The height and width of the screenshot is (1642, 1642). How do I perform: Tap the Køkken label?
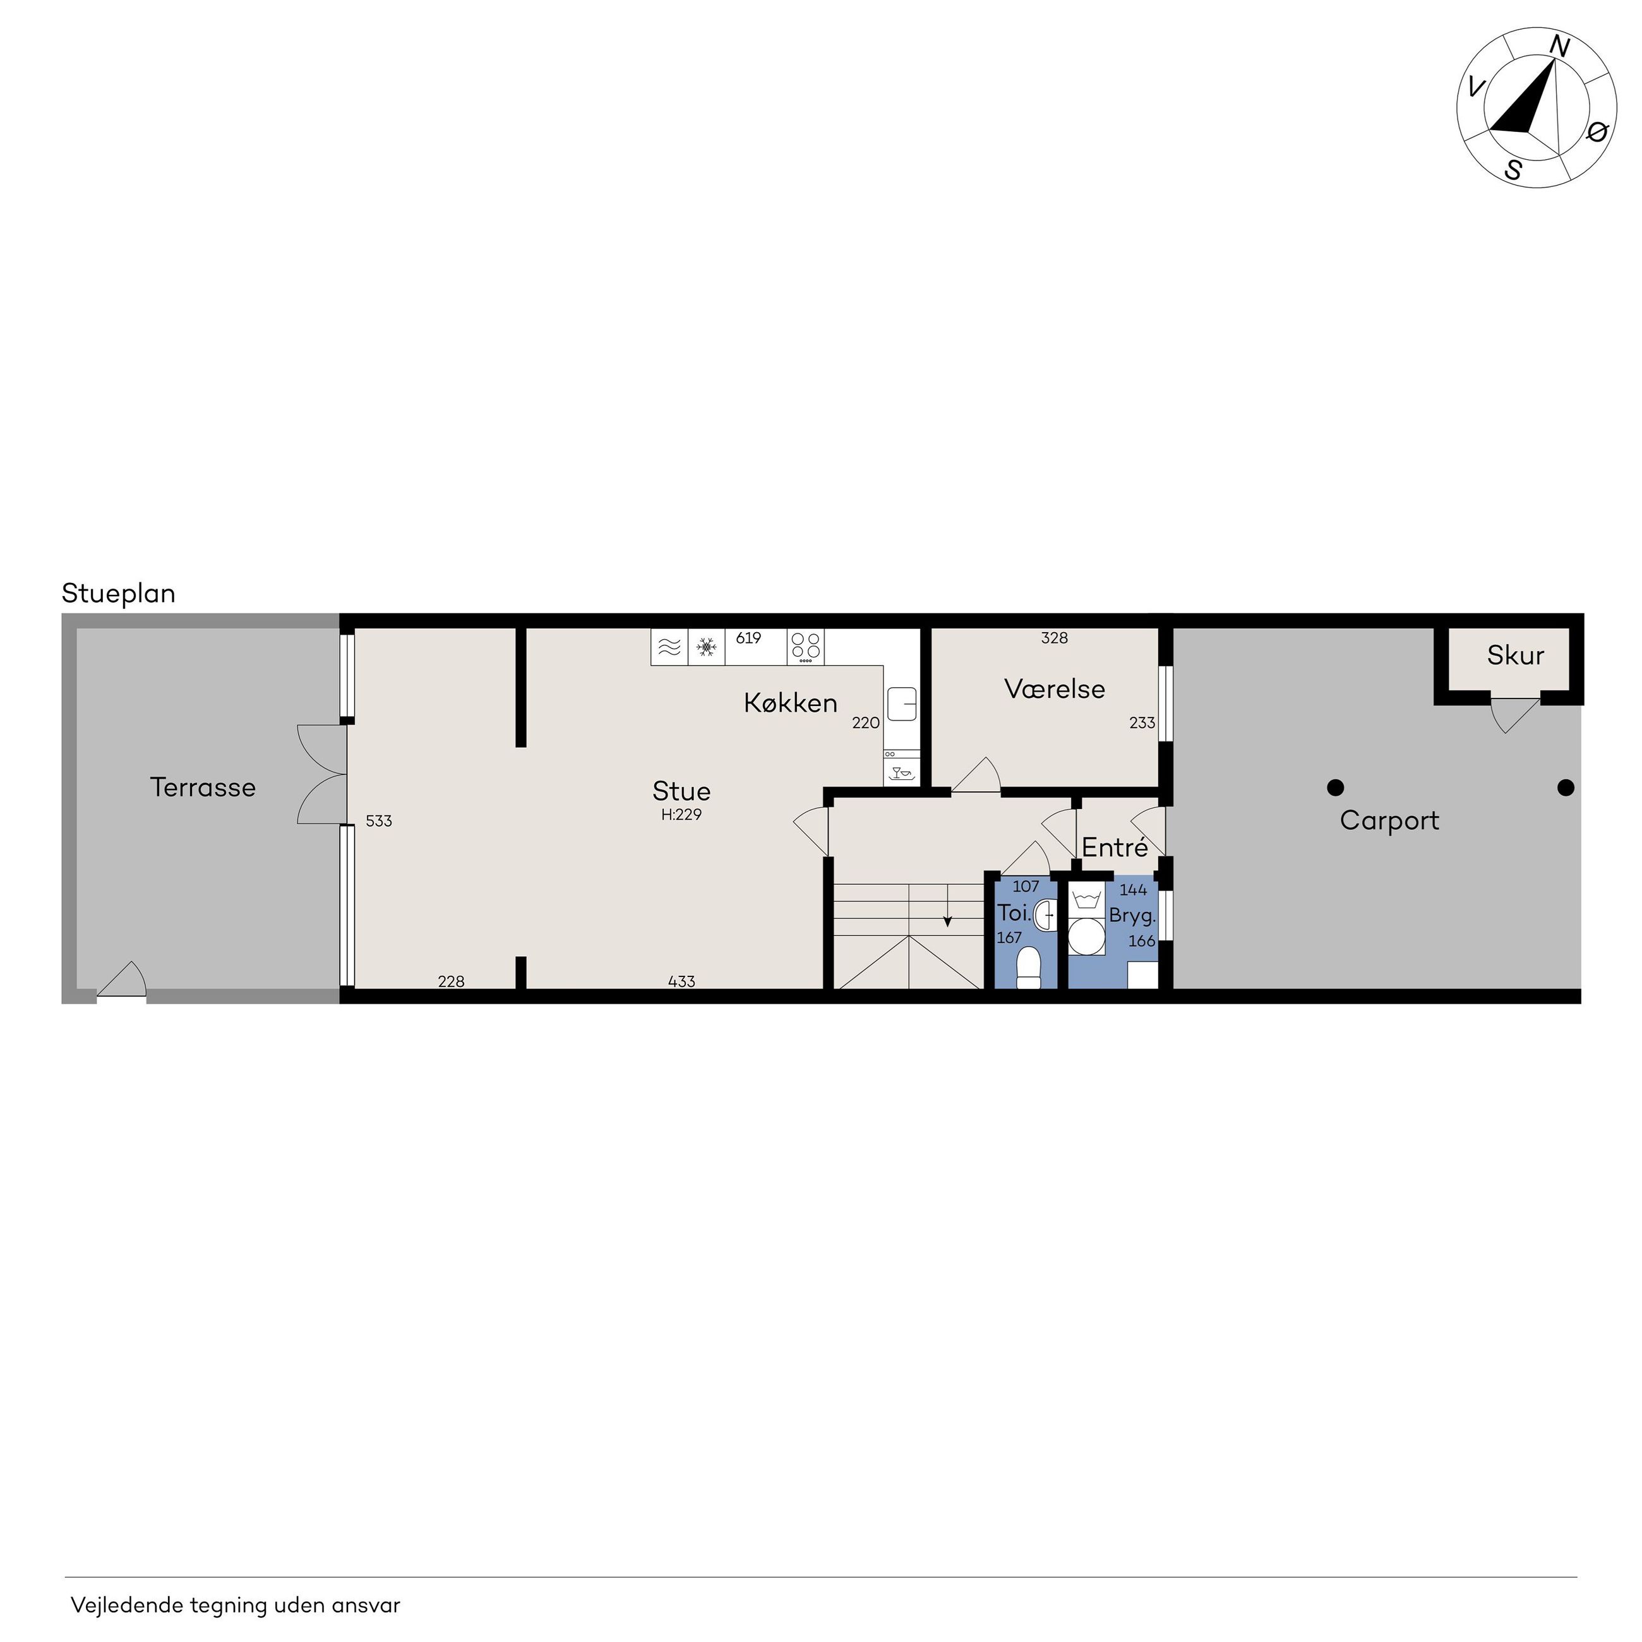[x=791, y=703]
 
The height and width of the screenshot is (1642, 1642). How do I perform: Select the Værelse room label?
[x=1055, y=688]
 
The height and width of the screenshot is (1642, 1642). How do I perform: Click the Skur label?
[x=1515, y=656]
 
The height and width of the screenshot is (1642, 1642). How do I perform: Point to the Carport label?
[x=1389, y=820]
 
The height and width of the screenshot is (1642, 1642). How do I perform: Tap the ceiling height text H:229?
[x=681, y=814]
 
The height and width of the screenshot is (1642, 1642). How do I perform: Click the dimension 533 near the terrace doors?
[x=379, y=821]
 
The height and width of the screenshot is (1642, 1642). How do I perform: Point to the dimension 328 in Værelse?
[x=1054, y=637]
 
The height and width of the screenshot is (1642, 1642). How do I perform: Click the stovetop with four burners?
[x=805, y=647]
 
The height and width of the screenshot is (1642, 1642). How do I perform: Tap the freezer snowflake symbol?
[x=705, y=647]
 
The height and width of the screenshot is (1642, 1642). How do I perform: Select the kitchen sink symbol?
[x=902, y=704]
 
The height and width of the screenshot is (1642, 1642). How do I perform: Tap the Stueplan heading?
[x=119, y=593]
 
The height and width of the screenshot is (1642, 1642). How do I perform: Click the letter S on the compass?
[x=1513, y=169]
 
